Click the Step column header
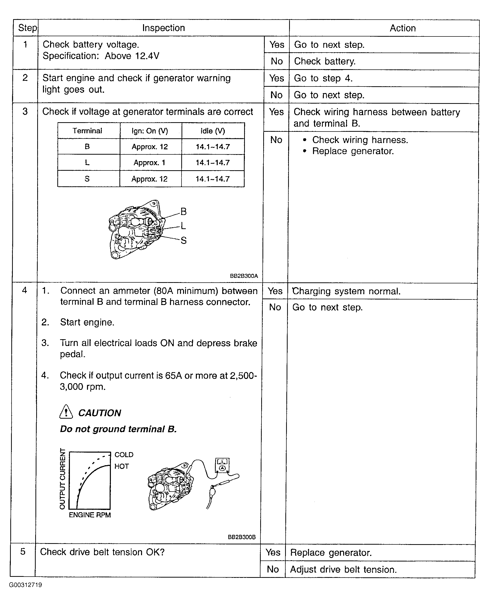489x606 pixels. coord(27,28)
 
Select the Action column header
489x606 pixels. coord(403,28)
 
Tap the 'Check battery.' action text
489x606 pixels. coord(325,61)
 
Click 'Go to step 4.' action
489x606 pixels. coord(323,78)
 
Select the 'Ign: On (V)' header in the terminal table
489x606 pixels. coord(150,131)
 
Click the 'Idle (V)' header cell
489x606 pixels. coord(213,131)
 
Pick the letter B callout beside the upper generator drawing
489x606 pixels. coord(183,211)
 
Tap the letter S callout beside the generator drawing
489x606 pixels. coord(183,240)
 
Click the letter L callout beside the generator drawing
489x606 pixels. coord(183,226)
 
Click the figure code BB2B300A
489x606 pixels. coord(244,276)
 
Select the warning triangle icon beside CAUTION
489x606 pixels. coord(66,412)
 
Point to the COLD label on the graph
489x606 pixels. coord(124,455)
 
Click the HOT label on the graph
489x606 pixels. coord(121,466)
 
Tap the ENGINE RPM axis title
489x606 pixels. coord(90,515)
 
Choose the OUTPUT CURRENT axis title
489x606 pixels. coord(62,479)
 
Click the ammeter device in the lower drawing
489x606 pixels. coord(222,465)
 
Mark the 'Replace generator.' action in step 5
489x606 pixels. coord(331,552)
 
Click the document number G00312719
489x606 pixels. coord(25,585)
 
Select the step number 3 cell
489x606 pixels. coord(25,112)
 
